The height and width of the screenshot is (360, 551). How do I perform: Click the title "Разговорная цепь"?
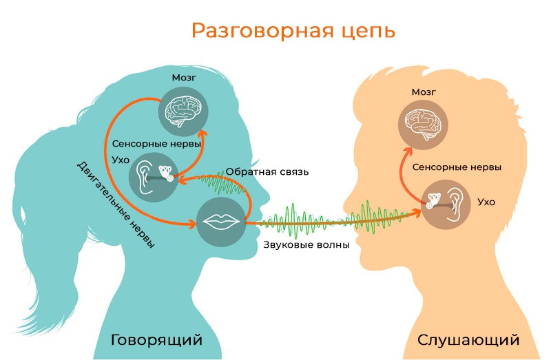(293, 31)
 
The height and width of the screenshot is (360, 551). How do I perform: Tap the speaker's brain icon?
(183, 109)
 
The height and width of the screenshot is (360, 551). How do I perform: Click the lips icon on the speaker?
(222, 221)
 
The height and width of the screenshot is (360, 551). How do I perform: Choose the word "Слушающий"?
(468, 340)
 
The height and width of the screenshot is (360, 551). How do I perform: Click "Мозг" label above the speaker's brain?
(183, 77)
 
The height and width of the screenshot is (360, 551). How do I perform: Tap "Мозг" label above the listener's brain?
(424, 91)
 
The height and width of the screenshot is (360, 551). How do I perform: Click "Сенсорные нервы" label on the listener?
(456, 167)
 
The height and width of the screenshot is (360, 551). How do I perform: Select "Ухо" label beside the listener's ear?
(486, 202)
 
